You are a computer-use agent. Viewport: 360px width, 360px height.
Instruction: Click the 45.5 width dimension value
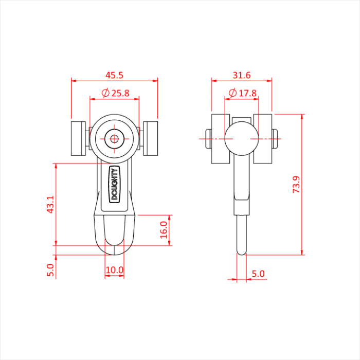tap(114, 75)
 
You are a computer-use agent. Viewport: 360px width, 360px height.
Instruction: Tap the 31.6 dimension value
tap(241, 75)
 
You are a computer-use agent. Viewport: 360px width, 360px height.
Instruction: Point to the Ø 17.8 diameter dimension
tap(241, 93)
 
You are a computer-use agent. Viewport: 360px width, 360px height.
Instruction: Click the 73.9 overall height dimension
tap(296, 184)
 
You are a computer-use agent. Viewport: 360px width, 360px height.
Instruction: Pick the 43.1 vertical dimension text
tap(50, 204)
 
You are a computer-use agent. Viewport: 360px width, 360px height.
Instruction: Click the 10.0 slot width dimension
tap(114, 269)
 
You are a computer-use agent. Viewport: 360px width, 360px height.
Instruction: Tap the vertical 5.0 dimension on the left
tap(50, 270)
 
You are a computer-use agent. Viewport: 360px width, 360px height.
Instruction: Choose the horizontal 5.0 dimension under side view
tap(258, 274)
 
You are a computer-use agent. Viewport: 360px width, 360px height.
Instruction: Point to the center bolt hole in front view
tap(114, 138)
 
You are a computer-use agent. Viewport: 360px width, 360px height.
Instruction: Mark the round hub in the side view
tap(241, 138)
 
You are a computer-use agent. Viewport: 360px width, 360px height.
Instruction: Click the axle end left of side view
tap(207, 138)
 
